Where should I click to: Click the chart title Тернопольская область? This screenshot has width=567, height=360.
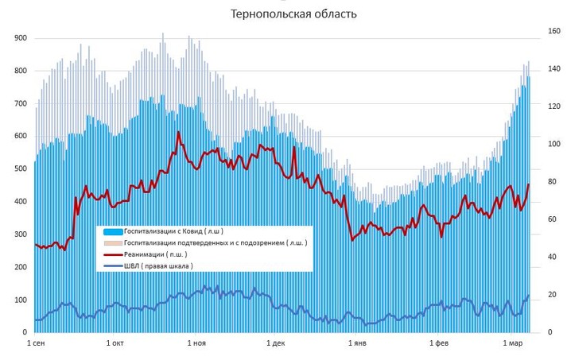pos(282,14)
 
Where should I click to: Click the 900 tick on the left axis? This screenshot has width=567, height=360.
pos(21,38)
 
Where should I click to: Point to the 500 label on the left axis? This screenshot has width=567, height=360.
pos(21,168)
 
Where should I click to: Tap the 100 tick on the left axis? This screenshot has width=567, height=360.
pos(21,300)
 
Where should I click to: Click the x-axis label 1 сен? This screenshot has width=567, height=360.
pos(37,343)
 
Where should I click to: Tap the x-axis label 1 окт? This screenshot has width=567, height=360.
pos(115,343)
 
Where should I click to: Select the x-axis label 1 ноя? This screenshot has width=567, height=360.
pos(196,343)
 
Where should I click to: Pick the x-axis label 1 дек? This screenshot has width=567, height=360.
pos(275,343)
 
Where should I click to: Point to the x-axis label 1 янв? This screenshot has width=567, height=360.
pos(357,343)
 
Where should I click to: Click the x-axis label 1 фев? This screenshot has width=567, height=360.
pos(439,343)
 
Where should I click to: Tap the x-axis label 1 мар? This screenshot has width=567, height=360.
pos(513,343)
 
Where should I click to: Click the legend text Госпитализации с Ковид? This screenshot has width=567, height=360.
pos(167,230)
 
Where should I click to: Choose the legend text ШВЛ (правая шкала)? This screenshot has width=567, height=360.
pos(159,266)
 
